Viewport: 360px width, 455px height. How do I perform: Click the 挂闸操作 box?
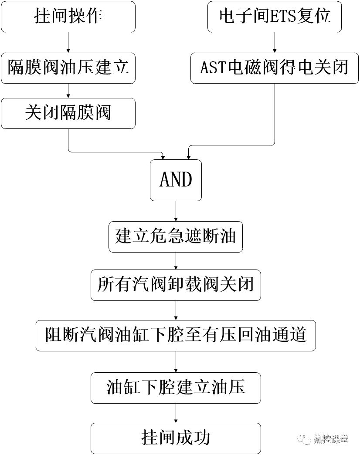pyautogui.click(x=68, y=17)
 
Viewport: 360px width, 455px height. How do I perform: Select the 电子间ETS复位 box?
pyautogui.click(x=274, y=17)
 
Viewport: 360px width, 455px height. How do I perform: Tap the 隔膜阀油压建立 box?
pyautogui.click(x=68, y=68)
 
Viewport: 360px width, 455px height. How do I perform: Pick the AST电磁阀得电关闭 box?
pyautogui.click(x=274, y=68)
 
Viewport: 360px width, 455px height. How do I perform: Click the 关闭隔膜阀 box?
pyautogui.click(x=68, y=113)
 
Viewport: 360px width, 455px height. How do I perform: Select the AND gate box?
pyautogui.click(x=176, y=180)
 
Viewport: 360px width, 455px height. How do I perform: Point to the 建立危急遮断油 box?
pyautogui.click(x=176, y=236)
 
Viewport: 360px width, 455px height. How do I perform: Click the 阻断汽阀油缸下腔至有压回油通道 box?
pyautogui.click(x=176, y=335)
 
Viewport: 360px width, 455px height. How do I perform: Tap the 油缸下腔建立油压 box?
pyautogui.click(x=176, y=388)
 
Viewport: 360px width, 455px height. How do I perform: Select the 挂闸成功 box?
pyautogui.click(x=176, y=438)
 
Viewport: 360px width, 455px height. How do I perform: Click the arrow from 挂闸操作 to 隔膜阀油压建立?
pyautogui.click(x=68, y=42)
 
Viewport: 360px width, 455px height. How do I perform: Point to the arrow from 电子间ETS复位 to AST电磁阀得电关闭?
pyautogui.click(x=274, y=42)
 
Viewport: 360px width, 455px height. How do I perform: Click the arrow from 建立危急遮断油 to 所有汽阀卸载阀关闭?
pyautogui.click(x=176, y=260)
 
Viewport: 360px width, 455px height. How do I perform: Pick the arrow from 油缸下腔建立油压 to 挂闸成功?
pyautogui.click(x=176, y=412)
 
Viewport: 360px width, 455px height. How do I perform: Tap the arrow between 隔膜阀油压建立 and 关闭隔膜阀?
pyautogui.click(x=68, y=91)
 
